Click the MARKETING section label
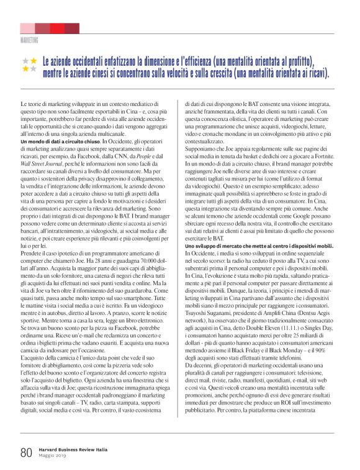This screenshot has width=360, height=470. click(x=29, y=40)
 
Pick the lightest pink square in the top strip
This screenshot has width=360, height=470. click(x=27, y=29)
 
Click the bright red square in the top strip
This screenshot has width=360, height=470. click(x=57, y=29)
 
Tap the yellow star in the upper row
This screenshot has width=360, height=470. click(x=34, y=61)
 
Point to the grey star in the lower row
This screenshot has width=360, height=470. click(x=25, y=69)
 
